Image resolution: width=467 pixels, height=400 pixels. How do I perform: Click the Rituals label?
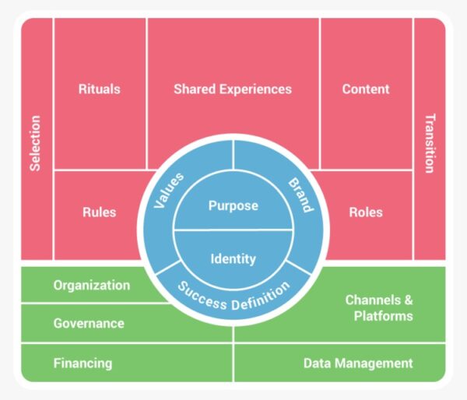tap(100, 89)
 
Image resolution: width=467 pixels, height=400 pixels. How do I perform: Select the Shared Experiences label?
tap(233, 89)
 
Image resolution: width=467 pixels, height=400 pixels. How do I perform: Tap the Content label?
tap(366, 89)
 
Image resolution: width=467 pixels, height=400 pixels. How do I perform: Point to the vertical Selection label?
tap(35, 143)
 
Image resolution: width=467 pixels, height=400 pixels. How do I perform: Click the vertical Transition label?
tap(430, 143)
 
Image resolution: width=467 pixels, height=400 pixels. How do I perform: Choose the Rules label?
tap(100, 212)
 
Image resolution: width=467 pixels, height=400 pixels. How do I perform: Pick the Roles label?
tap(366, 212)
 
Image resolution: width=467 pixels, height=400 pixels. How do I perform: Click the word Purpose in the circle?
tap(233, 205)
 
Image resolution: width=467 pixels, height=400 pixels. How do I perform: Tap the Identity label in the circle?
tap(233, 258)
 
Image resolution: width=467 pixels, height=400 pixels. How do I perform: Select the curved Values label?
tap(169, 191)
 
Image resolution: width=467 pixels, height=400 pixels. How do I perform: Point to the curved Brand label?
tap(300, 195)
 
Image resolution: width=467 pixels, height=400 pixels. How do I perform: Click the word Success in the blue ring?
tap(202, 296)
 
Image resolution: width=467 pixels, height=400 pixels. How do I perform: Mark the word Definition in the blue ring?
tap(261, 296)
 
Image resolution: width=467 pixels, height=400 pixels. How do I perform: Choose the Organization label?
tap(92, 285)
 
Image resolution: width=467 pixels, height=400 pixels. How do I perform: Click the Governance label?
tap(89, 323)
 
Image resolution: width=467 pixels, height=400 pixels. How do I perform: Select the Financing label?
tap(83, 363)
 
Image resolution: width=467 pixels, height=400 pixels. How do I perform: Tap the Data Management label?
tap(358, 363)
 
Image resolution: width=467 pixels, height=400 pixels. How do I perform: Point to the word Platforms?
tap(384, 316)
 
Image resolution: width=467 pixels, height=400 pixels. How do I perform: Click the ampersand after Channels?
tap(409, 300)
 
